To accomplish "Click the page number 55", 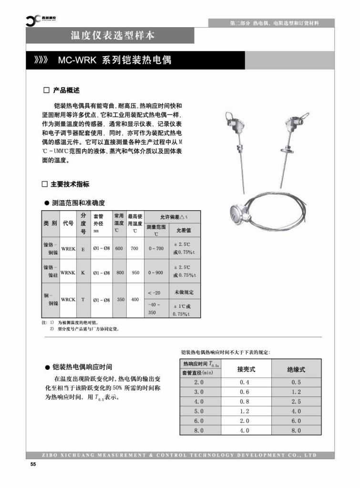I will (33, 464).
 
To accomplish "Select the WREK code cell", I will (68, 248).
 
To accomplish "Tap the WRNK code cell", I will (68, 273).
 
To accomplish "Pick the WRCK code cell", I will (68, 300).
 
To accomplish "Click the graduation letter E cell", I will (83, 248).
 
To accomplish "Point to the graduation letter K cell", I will (83, 273).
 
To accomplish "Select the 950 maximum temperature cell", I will (135, 273).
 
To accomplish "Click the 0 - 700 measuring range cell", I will (156, 248).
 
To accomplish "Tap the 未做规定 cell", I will (185, 292).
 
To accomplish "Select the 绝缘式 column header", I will (296, 369).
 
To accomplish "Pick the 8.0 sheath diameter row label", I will (199, 430).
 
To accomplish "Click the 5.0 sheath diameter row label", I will (199, 411).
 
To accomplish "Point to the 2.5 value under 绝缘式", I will (296, 401).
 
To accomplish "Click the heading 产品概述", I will (66, 90).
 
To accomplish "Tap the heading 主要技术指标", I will (70, 184).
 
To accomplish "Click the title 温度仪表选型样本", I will (113, 35).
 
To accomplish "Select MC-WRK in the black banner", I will (77, 61).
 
